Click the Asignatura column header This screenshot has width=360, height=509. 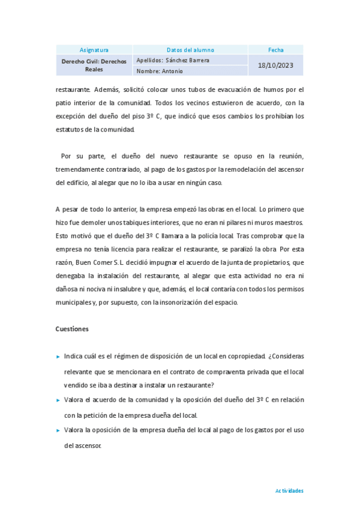94,50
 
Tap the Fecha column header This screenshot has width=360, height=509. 276,50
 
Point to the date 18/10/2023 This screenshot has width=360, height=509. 276,65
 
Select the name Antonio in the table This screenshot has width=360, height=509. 170,71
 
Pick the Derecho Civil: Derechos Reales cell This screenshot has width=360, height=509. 94,65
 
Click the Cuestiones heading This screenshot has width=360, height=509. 72,329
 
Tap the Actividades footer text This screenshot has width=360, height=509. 289,490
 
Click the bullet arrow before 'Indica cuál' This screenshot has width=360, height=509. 58,357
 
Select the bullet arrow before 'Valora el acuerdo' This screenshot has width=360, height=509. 58,400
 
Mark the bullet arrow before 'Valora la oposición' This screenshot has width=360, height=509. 58,430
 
